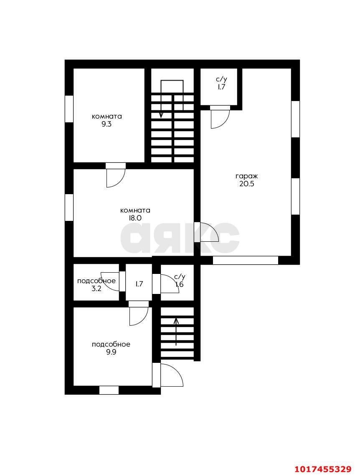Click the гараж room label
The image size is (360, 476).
(246, 176)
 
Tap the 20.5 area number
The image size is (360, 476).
(246, 184)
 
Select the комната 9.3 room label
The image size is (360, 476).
(106, 120)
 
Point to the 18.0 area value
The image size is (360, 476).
(135, 218)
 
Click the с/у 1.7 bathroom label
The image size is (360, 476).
(221, 83)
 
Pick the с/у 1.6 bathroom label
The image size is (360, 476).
(180, 281)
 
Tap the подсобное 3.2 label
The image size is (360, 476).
(96, 285)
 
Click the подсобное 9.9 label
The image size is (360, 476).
(111, 348)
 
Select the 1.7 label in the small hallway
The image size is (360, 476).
(139, 284)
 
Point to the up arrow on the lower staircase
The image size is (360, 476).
(176, 332)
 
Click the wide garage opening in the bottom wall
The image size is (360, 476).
(245, 261)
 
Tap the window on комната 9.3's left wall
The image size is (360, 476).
(69, 109)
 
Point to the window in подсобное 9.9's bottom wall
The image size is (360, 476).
(109, 390)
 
